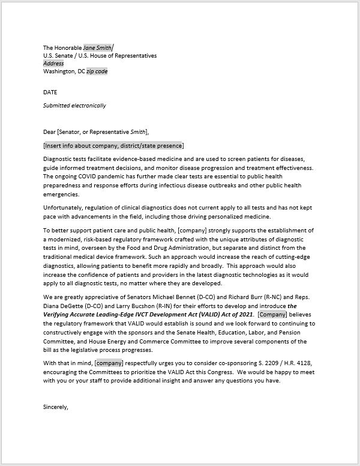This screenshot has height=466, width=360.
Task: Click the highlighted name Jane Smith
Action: click(98, 47)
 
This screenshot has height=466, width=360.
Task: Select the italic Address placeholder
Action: click(53, 63)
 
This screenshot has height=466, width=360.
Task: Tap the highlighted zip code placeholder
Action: click(97, 71)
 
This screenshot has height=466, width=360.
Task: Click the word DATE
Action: click(50, 92)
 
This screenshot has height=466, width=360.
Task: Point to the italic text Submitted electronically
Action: click(74, 105)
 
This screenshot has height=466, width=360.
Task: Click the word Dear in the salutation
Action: click(50, 132)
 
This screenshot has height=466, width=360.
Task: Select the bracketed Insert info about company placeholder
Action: click(114, 145)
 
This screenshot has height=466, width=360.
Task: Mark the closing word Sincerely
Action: click(56, 407)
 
